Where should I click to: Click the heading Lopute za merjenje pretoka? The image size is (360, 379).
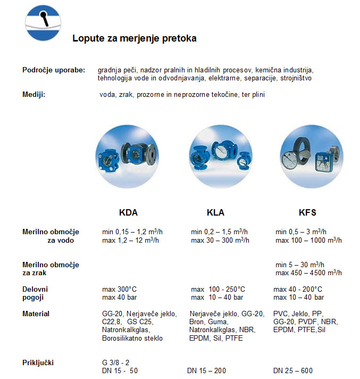(134, 39)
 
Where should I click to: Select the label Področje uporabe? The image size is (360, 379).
(53, 70)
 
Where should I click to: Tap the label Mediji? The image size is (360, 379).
(34, 94)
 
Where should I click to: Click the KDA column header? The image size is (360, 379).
(128, 212)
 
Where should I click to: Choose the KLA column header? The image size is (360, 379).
(215, 212)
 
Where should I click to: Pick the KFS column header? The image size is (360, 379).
(307, 212)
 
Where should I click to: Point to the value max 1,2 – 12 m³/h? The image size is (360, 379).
(130, 241)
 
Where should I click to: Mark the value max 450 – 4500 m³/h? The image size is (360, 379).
(308, 273)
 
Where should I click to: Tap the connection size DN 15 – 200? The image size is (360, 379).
(210, 370)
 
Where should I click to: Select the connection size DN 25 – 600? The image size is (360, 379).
(293, 370)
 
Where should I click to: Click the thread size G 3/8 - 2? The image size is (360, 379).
(115, 362)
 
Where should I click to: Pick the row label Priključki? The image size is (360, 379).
(38, 362)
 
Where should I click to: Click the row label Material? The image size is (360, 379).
(36, 314)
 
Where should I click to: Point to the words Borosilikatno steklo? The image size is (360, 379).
(132, 338)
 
